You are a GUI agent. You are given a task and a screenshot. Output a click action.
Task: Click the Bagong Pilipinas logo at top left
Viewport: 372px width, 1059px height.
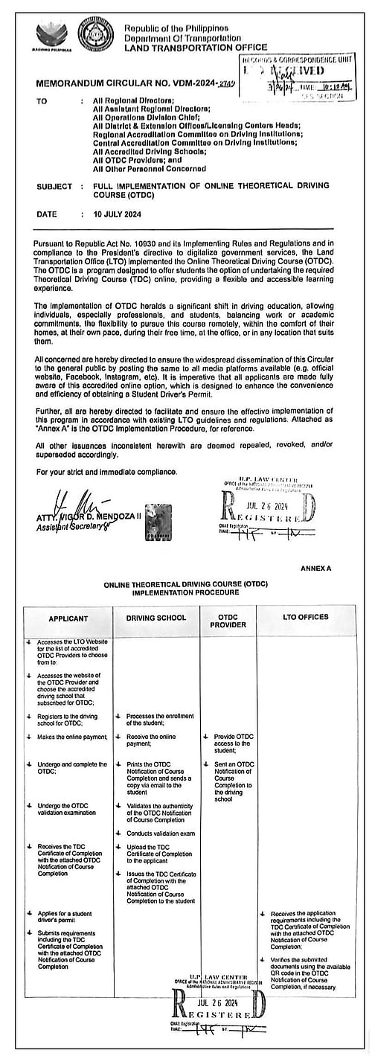click(51, 35)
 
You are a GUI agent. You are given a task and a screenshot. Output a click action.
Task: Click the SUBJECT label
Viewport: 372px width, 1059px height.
click(54, 185)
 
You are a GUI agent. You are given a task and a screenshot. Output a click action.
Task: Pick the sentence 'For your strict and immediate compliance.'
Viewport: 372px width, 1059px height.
click(106, 472)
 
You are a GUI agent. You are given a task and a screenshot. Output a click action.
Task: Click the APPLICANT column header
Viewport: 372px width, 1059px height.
click(68, 618)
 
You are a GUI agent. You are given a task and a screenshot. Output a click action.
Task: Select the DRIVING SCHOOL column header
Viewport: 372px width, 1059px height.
click(156, 618)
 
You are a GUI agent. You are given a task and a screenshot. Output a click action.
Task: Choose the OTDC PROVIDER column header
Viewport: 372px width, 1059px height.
click(228, 621)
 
